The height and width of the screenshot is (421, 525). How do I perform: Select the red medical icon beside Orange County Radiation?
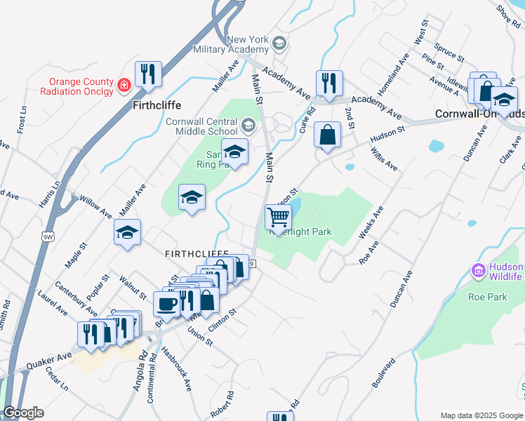[x=124, y=85]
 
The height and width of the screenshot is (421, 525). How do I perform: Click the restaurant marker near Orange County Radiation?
[x=148, y=74]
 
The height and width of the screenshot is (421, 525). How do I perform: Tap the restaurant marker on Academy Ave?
[x=328, y=83]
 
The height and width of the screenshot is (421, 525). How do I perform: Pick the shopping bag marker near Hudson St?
[x=327, y=134]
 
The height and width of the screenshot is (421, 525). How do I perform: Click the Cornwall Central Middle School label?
[x=202, y=126]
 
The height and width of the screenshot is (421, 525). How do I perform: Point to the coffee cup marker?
[x=167, y=305]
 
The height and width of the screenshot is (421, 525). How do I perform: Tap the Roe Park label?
[x=487, y=297]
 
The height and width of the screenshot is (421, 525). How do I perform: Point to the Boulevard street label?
[x=384, y=372]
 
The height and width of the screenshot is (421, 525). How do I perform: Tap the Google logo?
[x=24, y=413]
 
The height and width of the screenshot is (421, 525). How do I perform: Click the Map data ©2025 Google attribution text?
[x=481, y=415]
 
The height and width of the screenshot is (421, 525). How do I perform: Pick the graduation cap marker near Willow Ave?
[x=127, y=233]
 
